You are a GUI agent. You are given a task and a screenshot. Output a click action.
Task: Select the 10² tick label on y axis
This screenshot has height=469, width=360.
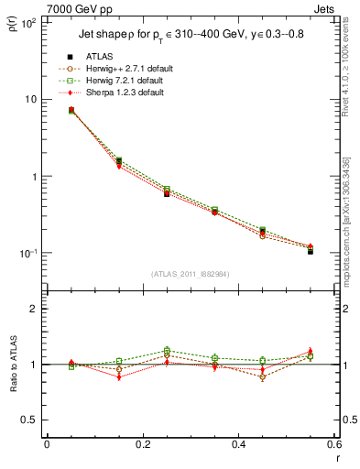(x=28, y=22)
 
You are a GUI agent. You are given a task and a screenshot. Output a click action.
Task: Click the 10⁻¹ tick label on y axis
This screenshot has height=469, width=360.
(x=28, y=253)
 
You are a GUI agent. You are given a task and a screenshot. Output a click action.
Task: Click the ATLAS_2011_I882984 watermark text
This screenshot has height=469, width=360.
(x=190, y=274)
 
